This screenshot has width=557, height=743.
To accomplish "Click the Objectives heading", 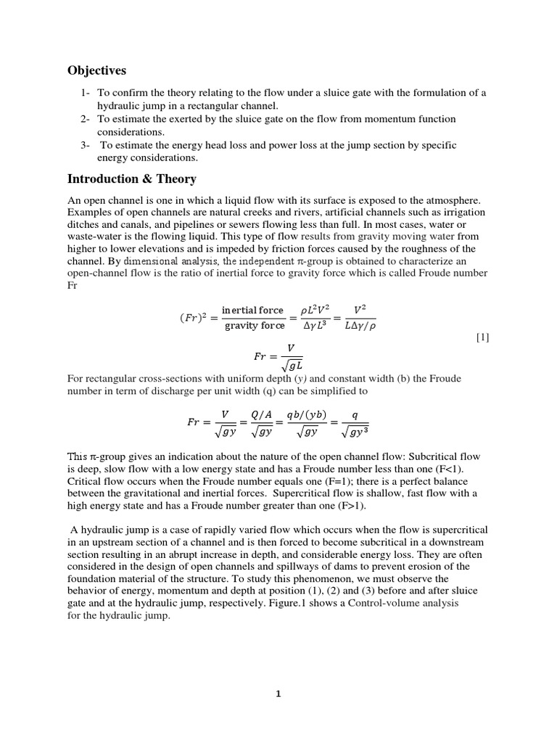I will coord(96,70).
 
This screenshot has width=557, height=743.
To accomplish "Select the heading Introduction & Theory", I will coord(131,178).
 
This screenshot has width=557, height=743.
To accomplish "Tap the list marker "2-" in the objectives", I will coord(86,119).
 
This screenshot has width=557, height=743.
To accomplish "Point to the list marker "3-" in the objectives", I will coord(86,145).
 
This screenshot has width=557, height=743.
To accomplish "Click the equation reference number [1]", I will coord(483,337).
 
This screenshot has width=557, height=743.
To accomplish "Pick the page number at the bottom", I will coord(278,693).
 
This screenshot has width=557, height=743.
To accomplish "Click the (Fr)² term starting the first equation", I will coord(196,318).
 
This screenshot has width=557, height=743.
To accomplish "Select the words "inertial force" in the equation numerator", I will coord(252,310).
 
